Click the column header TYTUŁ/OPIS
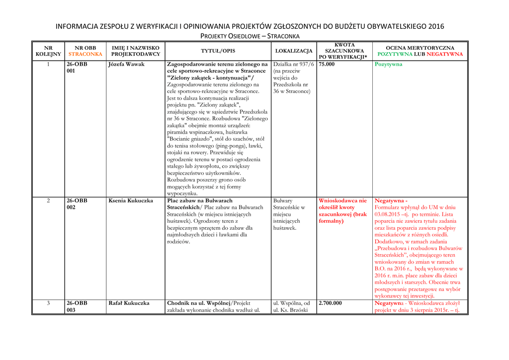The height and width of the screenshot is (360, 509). click(x=218, y=51)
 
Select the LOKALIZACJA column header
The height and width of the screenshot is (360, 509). click(x=294, y=51)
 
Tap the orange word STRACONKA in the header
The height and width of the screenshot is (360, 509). click(x=85, y=54)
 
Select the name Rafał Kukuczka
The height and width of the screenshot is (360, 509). click(x=129, y=303)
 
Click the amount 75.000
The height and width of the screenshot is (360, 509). click(x=327, y=65)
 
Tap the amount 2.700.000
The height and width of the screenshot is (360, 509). click(x=330, y=303)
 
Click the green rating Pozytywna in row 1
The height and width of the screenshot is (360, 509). click(x=388, y=65)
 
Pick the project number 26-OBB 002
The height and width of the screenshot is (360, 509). click(x=77, y=204)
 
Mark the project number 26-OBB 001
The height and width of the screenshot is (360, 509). click(x=77, y=68)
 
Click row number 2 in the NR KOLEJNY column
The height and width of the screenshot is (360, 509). click(x=48, y=201)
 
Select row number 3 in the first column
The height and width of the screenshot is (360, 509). click(x=48, y=303)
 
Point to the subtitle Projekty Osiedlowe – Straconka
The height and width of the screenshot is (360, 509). click(x=250, y=36)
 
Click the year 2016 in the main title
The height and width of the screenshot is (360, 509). click(x=435, y=26)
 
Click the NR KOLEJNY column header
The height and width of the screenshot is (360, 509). click(x=48, y=51)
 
